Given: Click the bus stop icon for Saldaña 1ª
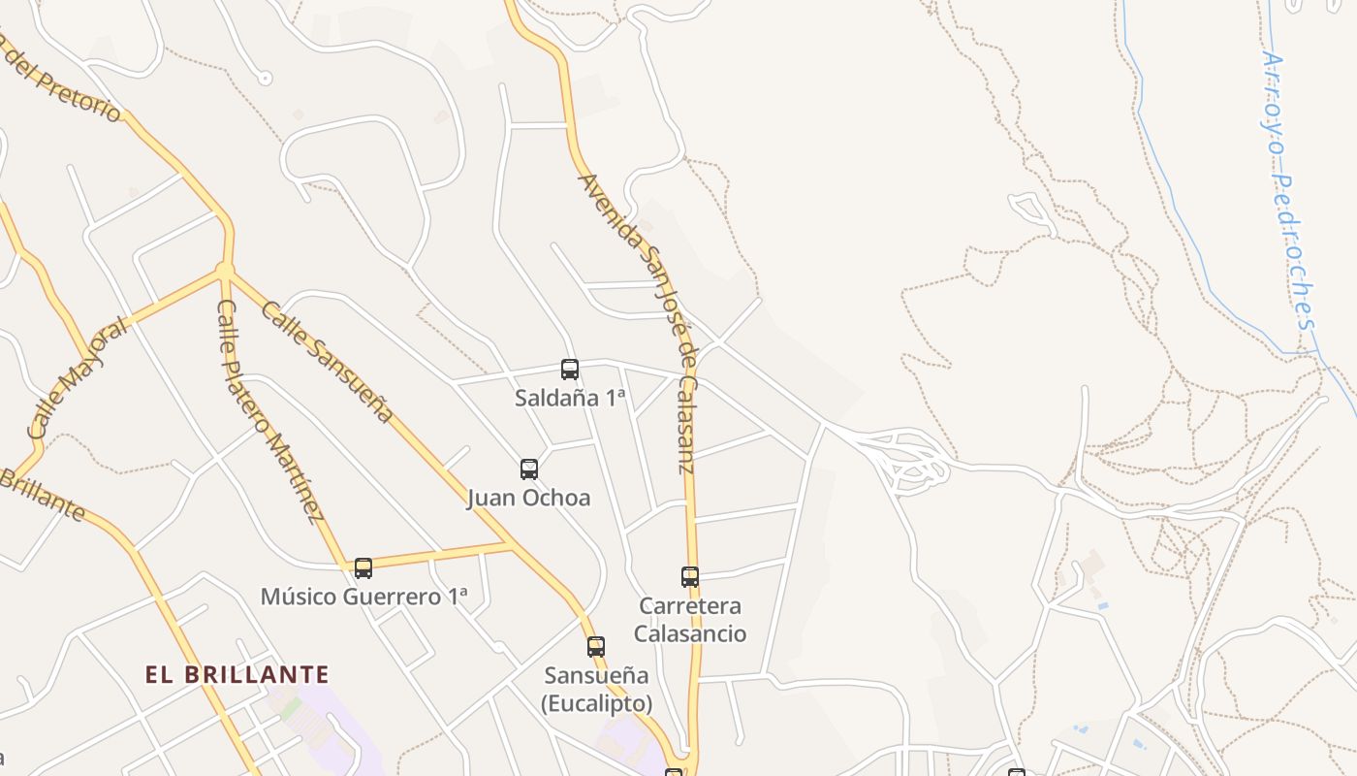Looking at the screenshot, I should (570, 370).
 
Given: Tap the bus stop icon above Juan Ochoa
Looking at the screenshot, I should (529, 469).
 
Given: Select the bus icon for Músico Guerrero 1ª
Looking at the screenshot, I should (363, 568).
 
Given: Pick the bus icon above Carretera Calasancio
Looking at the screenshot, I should (690, 577).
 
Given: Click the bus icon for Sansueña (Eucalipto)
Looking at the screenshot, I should (596, 647).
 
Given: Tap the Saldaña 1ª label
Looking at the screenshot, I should (570, 398).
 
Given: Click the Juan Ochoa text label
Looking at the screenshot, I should (528, 499).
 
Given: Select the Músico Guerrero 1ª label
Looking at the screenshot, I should (363, 597).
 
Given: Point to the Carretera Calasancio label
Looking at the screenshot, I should (690, 620).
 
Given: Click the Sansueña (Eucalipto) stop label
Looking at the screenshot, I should (596, 689).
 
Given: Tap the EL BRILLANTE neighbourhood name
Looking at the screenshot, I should (237, 675).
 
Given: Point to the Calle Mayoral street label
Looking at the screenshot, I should (78, 377).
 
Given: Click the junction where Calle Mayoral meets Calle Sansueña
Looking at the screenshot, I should (225, 271).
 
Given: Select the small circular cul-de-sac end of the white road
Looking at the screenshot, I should (265, 78).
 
